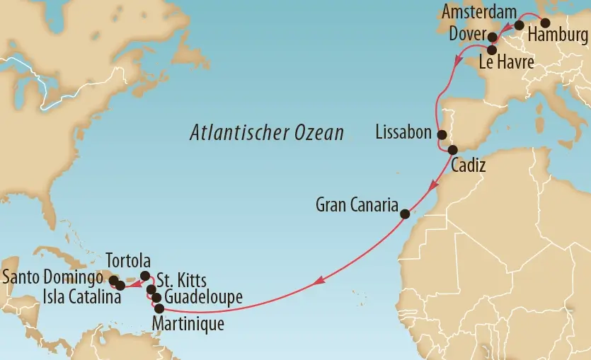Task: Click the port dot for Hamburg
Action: [545, 22]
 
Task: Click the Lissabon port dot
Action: [442, 134]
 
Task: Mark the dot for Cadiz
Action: [452, 149]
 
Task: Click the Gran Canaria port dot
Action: [405, 214]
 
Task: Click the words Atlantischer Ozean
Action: [267, 133]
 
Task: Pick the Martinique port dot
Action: [159, 308]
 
